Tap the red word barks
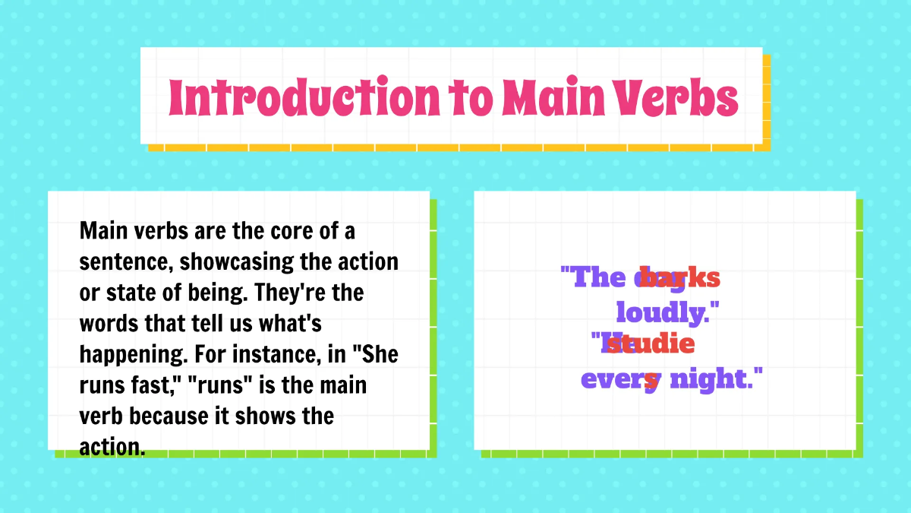pyautogui.click(x=679, y=277)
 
